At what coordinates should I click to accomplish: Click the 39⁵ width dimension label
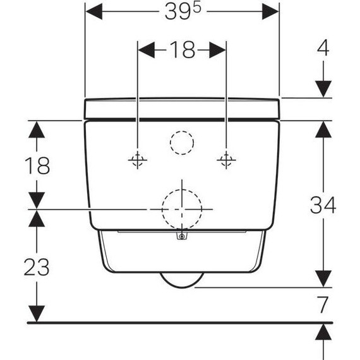point(183,11)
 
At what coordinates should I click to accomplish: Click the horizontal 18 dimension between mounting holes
point(183,50)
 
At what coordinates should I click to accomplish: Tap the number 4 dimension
point(323,48)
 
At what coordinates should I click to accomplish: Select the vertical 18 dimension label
point(37,165)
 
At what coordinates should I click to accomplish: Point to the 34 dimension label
point(323,205)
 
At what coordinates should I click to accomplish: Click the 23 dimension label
point(37,267)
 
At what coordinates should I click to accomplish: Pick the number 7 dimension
point(323,304)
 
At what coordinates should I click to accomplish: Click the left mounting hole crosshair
point(138,160)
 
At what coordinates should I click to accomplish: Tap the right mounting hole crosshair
point(226,160)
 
